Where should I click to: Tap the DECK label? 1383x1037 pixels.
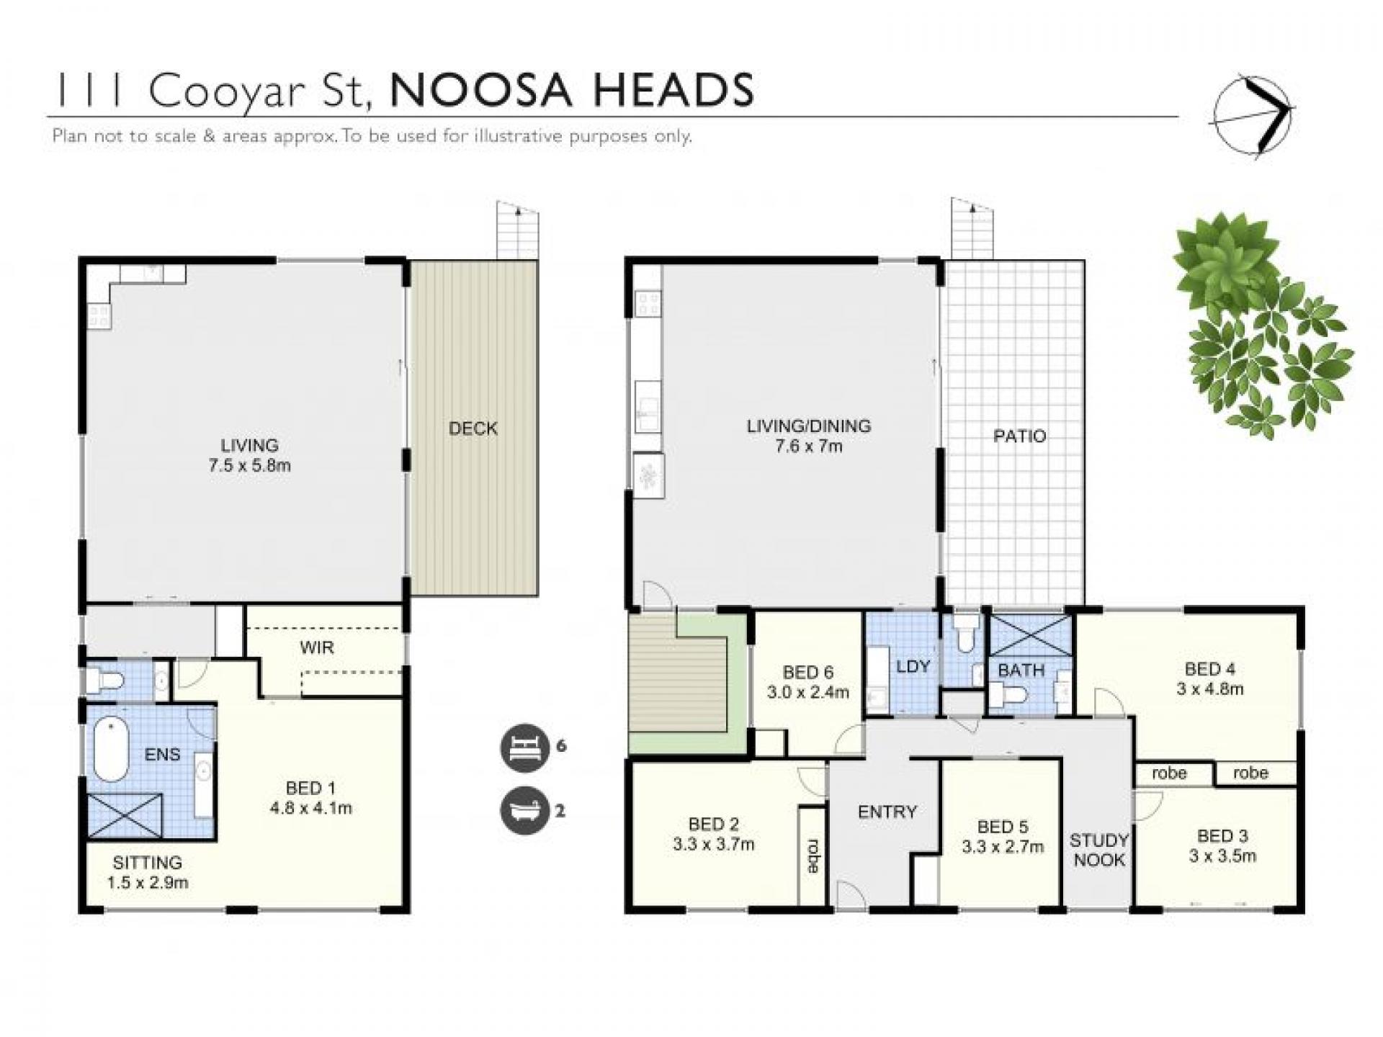(x=473, y=428)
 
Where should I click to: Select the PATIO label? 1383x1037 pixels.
(x=1019, y=436)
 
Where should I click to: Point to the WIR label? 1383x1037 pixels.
(x=317, y=647)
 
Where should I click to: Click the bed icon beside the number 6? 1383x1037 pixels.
(x=522, y=746)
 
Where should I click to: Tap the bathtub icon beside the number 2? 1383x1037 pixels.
(x=522, y=811)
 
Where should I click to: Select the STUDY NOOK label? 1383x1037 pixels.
(x=1098, y=850)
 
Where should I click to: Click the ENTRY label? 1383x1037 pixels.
(x=887, y=812)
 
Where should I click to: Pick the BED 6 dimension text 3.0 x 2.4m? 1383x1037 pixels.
(x=807, y=693)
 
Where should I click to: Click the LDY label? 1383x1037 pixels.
(x=913, y=666)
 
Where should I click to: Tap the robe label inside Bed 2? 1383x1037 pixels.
(x=813, y=856)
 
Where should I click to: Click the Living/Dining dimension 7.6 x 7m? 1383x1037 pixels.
(x=808, y=446)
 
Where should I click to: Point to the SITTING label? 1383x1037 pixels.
(x=147, y=862)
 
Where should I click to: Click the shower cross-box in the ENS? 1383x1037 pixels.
(x=125, y=815)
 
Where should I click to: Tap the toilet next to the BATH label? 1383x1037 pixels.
(x=1006, y=694)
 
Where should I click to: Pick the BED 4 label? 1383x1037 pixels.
(x=1209, y=668)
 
